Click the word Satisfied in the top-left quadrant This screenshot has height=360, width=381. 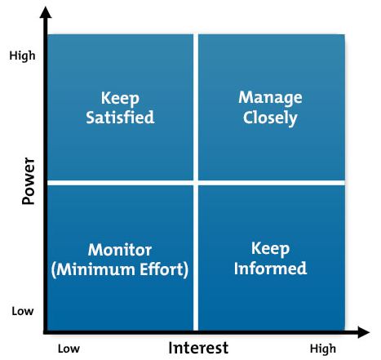click(120, 118)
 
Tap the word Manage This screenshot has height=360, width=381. click(270, 98)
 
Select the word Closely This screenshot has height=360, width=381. click(270, 118)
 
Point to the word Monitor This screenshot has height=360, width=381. click(120, 250)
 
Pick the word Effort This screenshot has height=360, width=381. click(162, 269)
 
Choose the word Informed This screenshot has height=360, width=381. click(270, 268)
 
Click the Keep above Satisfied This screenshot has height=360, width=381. click(120, 99)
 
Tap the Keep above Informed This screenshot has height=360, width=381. click(270, 249)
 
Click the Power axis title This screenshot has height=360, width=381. click(29, 181)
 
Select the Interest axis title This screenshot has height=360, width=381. click(198, 348)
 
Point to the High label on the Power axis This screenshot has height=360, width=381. click(22, 56)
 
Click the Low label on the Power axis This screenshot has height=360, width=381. click(23, 311)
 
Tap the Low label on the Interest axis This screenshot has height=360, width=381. click(69, 349)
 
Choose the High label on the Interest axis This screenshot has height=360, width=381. click(323, 349)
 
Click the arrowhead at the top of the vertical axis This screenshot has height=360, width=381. click(46, 12)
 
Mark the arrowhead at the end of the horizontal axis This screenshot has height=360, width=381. click(364, 332)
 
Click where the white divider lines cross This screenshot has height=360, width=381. click(196, 183)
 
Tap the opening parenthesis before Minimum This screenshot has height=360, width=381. click(53, 270)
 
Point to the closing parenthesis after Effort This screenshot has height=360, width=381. click(186, 270)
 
